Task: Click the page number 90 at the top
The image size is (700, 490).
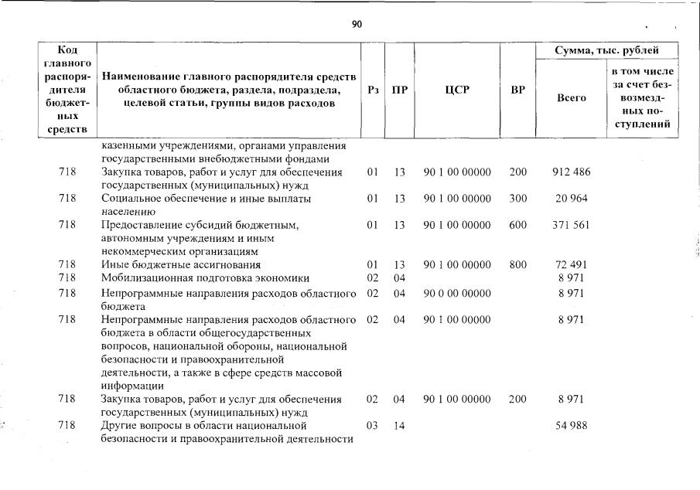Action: (x=357, y=25)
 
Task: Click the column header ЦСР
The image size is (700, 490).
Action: (x=457, y=90)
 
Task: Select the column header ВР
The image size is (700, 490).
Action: (x=517, y=90)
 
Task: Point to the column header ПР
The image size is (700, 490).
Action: (x=399, y=90)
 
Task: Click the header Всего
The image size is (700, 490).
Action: (x=571, y=98)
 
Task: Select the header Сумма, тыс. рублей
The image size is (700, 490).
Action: (x=606, y=51)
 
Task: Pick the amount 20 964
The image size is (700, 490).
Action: (x=571, y=199)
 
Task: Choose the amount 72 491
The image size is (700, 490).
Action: (x=571, y=265)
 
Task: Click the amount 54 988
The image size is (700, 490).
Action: (x=571, y=426)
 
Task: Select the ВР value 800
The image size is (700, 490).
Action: (x=517, y=265)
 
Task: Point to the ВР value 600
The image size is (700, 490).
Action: (x=517, y=225)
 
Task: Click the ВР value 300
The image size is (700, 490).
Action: (x=517, y=199)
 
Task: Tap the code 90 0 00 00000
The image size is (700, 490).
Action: (x=457, y=293)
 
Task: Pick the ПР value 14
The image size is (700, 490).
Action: (x=399, y=426)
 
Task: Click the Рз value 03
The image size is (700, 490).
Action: (x=372, y=426)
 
